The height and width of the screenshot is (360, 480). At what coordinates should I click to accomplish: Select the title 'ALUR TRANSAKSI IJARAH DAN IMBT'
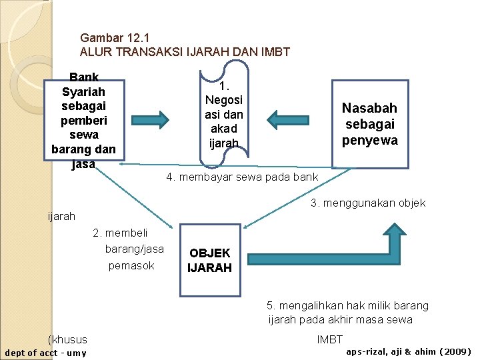pyautogui.click(x=185, y=52)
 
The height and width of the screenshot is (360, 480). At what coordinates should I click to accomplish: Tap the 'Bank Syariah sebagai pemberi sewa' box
pyautogui.click(x=83, y=120)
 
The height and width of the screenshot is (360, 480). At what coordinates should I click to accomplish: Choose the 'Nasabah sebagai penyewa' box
pyautogui.click(x=369, y=123)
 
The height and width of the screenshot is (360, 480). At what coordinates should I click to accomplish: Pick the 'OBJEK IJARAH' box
pyautogui.click(x=209, y=260)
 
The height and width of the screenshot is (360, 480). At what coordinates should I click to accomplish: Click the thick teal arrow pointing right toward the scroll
pyautogui.click(x=160, y=119)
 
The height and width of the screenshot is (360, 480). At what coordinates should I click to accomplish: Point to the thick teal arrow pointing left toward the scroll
pyautogui.click(x=287, y=119)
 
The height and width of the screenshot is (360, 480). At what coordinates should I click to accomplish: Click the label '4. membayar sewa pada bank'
pyautogui.click(x=242, y=178)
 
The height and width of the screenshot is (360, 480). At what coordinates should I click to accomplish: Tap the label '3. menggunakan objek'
pyautogui.click(x=368, y=203)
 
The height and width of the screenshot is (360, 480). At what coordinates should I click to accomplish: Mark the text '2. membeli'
pyautogui.click(x=120, y=233)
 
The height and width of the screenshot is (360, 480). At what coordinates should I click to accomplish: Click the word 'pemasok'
pyautogui.click(x=131, y=265)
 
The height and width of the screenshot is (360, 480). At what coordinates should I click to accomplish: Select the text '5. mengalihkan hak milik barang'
pyautogui.click(x=347, y=305)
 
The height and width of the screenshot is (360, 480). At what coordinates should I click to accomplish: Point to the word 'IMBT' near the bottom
pyautogui.click(x=330, y=340)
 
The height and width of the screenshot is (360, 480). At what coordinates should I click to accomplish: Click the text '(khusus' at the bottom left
pyautogui.click(x=68, y=339)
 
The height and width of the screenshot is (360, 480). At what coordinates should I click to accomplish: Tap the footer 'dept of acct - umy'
pyautogui.click(x=45, y=353)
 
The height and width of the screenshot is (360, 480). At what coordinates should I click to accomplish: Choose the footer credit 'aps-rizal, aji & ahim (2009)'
pyautogui.click(x=409, y=351)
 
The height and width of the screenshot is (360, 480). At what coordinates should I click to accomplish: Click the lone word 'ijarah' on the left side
pyautogui.click(x=62, y=216)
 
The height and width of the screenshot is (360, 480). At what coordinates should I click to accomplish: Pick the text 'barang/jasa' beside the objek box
pyautogui.click(x=134, y=249)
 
